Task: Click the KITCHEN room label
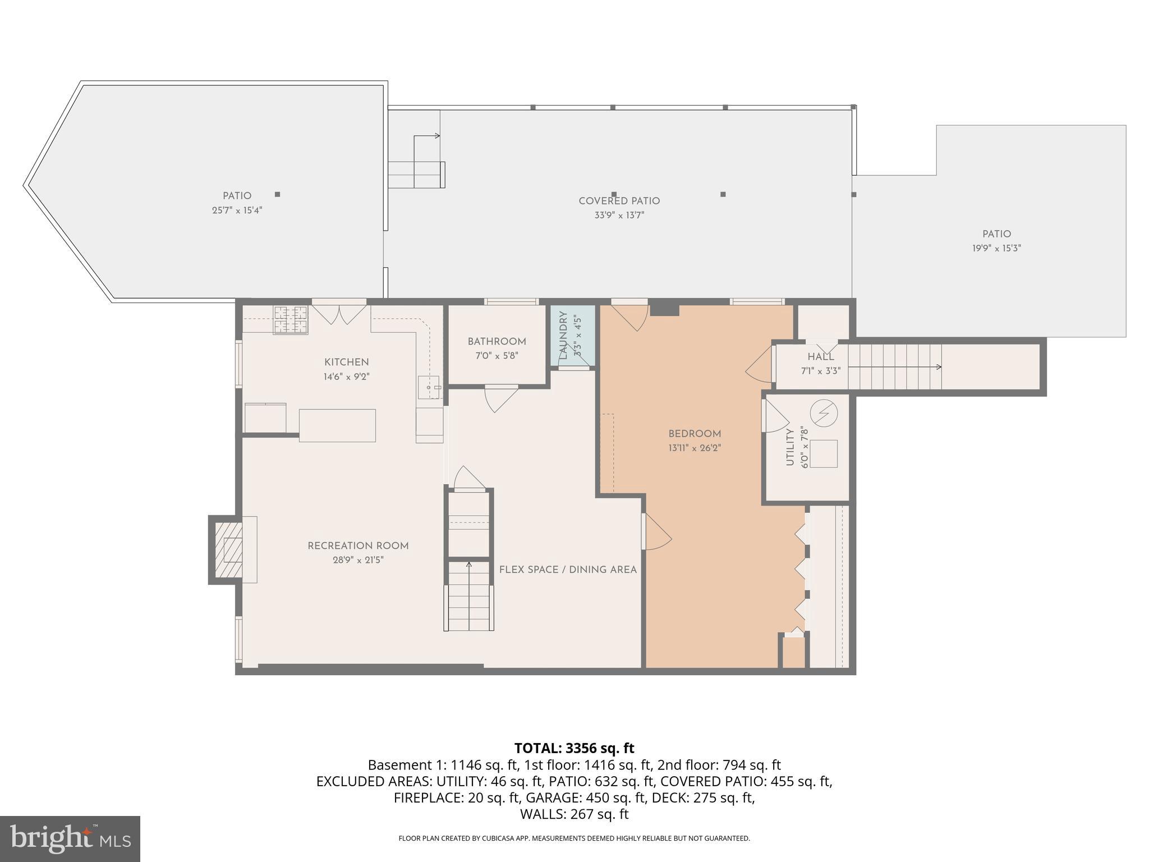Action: click(x=346, y=363)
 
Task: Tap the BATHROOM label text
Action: click(x=497, y=342)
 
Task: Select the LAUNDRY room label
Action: click(x=563, y=335)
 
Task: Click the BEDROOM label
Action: click(x=695, y=434)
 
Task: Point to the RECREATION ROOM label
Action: click(x=358, y=546)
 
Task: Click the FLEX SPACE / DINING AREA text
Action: click(x=568, y=570)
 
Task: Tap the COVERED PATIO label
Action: click(x=619, y=201)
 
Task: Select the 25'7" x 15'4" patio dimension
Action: click(x=237, y=210)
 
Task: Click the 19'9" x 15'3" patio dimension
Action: click(x=996, y=248)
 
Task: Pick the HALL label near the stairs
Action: click(x=820, y=357)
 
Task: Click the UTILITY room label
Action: click(x=790, y=447)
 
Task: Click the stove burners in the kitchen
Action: click(x=290, y=320)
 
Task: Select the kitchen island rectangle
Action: click(x=337, y=425)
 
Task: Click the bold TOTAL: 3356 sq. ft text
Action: click(x=574, y=748)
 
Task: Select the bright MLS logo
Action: click(x=70, y=838)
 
